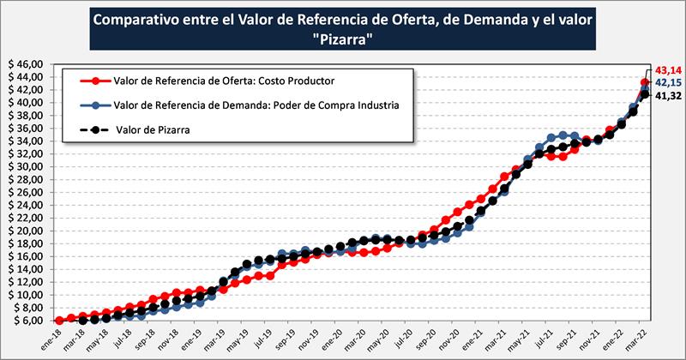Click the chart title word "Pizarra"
click(x=342, y=39)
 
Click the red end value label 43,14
click(x=667, y=69)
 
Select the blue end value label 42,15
click(x=667, y=82)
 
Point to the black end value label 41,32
click(x=667, y=96)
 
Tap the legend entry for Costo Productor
click(x=223, y=81)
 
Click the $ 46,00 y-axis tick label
click(x=25, y=64)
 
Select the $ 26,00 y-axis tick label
click(x=25, y=192)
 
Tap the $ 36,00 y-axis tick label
click(x=25, y=129)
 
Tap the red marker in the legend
click(x=94, y=81)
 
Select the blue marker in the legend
click(x=94, y=105)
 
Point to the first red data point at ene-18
click(x=58, y=321)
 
